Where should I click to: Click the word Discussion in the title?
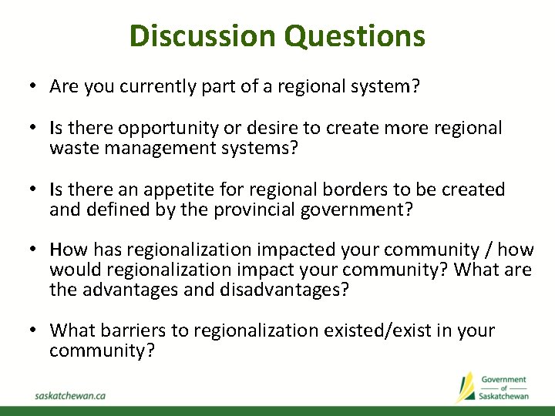pyautogui.click(x=201, y=36)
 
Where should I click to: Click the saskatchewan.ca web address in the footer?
pyautogui.click(x=70, y=394)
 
